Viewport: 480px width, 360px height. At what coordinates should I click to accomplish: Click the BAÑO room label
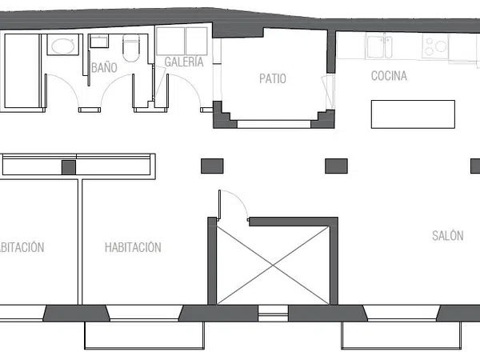pos(104,68)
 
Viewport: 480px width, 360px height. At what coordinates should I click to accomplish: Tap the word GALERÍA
pos(184,62)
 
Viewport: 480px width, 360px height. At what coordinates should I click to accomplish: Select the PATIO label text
pos(273,78)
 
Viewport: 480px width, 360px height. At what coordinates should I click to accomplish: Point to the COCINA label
pos(389,76)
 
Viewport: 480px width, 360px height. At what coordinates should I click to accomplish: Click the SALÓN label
pos(447,236)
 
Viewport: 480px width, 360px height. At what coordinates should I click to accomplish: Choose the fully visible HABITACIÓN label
pos(133,247)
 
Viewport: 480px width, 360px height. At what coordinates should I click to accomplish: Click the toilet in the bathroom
pos(131,48)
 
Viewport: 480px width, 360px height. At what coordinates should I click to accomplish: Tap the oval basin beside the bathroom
pos(63,46)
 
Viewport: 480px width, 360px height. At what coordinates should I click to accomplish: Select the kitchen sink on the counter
pos(379,46)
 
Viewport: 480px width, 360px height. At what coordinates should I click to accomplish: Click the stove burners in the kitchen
pos(435,46)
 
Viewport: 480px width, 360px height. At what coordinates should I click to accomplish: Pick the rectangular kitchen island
pos(413,114)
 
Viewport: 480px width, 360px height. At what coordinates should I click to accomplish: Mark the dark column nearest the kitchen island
pos(336,166)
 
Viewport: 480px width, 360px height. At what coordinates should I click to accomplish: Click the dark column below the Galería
pos(212,166)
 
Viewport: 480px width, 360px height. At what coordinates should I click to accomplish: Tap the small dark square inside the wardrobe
pos(69,167)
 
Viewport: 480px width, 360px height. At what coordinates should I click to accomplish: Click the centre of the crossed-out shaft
pos(273,266)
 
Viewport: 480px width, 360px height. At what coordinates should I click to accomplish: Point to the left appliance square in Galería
pos(170,42)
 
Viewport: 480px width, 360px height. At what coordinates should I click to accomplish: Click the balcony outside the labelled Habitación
pos(144,335)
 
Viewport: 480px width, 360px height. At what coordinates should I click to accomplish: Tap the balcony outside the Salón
pos(402,335)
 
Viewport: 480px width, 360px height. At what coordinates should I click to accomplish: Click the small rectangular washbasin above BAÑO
pos(99,42)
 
